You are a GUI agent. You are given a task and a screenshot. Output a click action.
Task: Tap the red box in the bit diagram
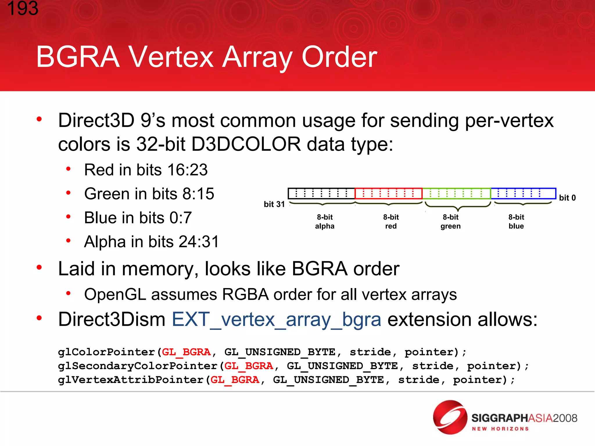(x=388, y=193)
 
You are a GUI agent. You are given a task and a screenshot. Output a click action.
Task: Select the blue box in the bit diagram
(x=523, y=193)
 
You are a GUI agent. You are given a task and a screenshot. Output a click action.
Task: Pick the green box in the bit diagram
(x=456, y=193)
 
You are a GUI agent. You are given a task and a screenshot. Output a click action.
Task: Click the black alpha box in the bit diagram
(x=321, y=193)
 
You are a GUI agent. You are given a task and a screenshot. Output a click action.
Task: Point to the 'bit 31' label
(x=274, y=204)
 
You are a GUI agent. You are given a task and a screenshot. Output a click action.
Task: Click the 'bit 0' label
(x=567, y=198)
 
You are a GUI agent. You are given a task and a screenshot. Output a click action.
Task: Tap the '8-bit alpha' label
(x=325, y=222)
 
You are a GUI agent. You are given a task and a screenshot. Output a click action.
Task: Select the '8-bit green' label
(x=450, y=222)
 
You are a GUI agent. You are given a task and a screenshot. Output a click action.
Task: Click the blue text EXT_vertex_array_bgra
(x=276, y=319)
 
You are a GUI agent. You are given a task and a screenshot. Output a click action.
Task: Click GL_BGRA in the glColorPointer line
(x=186, y=352)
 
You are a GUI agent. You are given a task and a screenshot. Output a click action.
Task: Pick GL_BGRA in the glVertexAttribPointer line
(x=235, y=380)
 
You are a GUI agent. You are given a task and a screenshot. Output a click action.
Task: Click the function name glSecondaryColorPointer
(x=138, y=366)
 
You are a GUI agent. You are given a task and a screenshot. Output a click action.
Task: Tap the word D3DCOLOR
(x=246, y=144)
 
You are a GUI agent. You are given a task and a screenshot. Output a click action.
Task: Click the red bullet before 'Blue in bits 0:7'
(x=68, y=217)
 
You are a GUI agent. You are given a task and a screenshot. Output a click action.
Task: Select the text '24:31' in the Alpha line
(x=199, y=242)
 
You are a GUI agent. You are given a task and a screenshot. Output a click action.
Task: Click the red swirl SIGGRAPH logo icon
(x=450, y=417)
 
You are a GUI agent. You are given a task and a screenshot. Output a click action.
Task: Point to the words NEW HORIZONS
(x=500, y=429)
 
